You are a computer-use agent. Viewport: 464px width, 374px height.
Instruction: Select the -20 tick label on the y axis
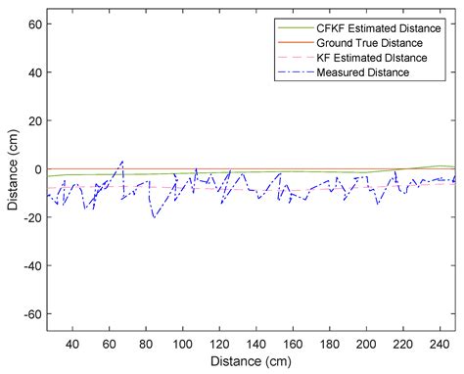[27, 217]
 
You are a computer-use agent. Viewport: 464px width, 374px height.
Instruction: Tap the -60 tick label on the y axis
[27, 313]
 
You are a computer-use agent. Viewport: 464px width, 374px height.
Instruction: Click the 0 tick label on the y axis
[34, 169]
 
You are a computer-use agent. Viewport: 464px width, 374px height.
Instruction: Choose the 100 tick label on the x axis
[182, 345]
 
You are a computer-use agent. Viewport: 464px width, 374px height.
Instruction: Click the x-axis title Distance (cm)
[252, 361]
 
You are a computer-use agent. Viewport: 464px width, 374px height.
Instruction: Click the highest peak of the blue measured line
[122, 162]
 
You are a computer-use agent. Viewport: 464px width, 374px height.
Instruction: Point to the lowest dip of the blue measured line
[154, 216]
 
